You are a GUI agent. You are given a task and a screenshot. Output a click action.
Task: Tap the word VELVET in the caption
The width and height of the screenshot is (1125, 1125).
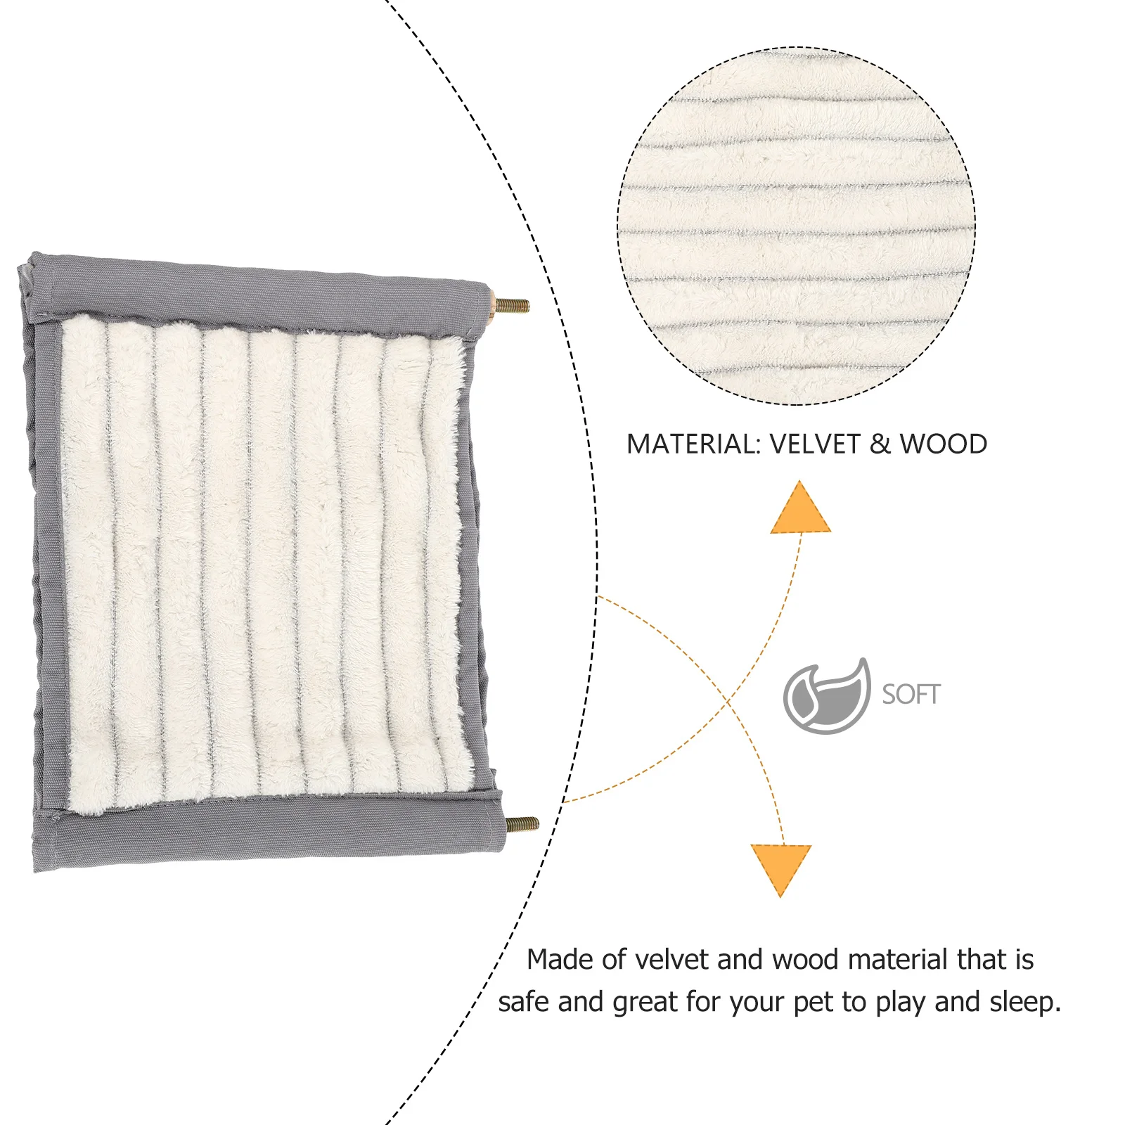pyautogui.click(x=815, y=444)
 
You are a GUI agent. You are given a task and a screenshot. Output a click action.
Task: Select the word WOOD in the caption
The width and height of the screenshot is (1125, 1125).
pyautogui.click(x=944, y=444)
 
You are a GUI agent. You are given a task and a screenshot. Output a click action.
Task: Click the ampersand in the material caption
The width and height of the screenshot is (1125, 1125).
pyautogui.click(x=880, y=444)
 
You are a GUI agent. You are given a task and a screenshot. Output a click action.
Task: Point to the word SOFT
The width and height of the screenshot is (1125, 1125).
pyautogui.click(x=911, y=695)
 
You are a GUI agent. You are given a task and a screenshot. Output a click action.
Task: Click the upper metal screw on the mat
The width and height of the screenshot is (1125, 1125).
pyautogui.click(x=513, y=305)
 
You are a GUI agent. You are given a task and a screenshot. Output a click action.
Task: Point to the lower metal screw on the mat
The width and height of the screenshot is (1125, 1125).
pyautogui.click(x=522, y=824)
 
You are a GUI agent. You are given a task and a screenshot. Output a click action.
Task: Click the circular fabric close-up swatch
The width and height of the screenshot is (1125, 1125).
pyautogui.click(x=796, y=226)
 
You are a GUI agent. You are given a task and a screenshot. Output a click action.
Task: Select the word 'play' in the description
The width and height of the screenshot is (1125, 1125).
pyautogui.click(x=901, y=1003)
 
